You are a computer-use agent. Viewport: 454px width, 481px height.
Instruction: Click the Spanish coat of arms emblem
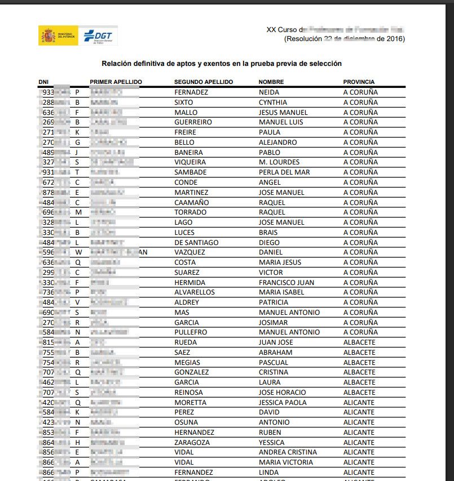pyautogui.click(x=47, y=36)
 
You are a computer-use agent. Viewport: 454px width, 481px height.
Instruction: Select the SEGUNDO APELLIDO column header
pyautogui.click(x=204, y=82)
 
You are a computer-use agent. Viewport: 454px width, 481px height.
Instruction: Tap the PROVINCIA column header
pyautogui.click(x=359, y=82)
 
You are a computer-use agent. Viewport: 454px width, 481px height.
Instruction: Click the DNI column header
pyautogui.click(x=43, y=82)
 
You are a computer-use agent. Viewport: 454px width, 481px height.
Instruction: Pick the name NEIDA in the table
pyautogui.click(x=268, y=92)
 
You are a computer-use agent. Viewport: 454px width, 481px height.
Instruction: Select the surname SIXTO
pyautogui.click(x=183, y=103)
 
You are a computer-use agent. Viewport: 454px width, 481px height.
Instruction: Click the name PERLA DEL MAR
pyautogui.click(x=280, y=172)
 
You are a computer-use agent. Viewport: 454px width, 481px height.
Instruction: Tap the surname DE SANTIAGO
pyautogui.click(x=196, y=242)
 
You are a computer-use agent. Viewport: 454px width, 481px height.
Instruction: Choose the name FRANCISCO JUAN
pyautogui.click(x=286, y=282)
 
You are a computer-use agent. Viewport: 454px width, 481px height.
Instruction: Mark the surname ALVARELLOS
pyautogui.click(x=195, y=292)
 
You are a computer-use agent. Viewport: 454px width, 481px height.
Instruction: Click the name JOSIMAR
pyautogui.click(x=273, y=323)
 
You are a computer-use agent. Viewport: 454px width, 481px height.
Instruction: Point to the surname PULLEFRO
pyautogui.click(x=191, y=332)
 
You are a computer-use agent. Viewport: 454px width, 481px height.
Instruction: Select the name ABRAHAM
pyautogui.click(x=274, y=353)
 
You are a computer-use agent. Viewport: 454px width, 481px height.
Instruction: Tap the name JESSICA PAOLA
pyautogui.click(x=283, y=403)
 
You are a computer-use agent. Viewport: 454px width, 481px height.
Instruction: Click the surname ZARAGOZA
pyautogui.click(x=190, y=443)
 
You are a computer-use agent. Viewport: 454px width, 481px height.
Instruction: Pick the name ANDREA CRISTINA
pyautogui.click(x=288, y=452)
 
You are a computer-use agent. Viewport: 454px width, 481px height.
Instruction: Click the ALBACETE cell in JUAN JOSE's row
pyautogui.click(x=359, y=342)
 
